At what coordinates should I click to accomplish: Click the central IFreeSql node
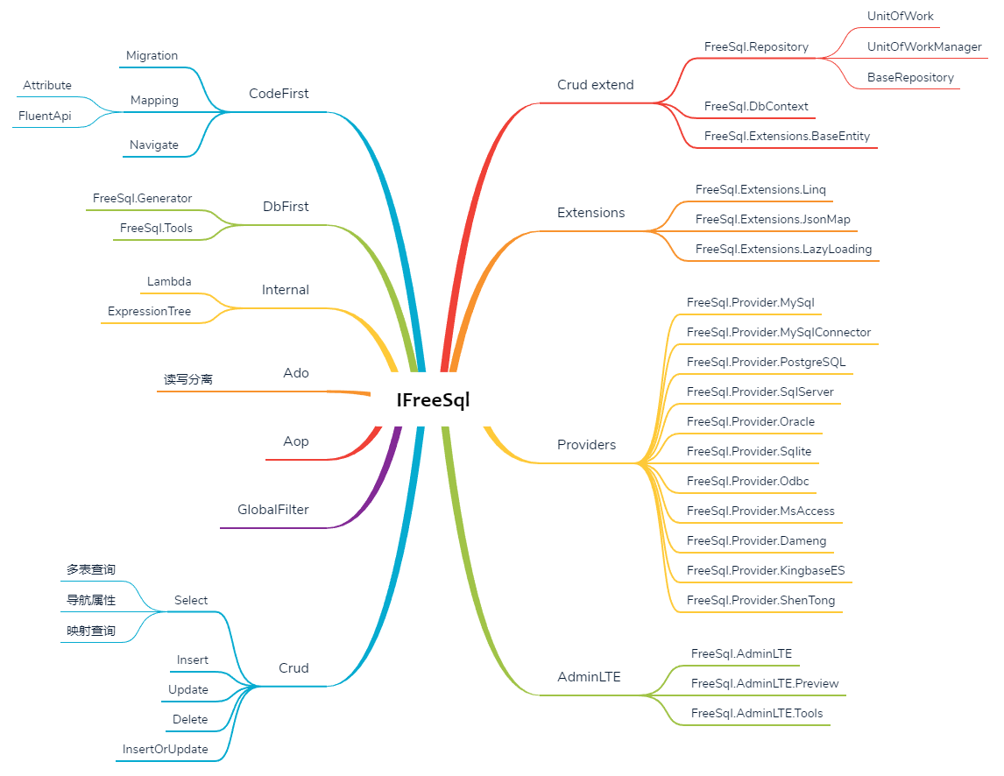click(433, 400)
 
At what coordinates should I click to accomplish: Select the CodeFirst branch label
click(279, 94)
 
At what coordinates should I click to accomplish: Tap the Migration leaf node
click(152, 56)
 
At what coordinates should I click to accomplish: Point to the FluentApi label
click(45, 116)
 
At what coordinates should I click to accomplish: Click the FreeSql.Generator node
click(142, 199)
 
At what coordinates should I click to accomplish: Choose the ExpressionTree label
click(149, 312)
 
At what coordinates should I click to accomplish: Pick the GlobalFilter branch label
click(273, 510)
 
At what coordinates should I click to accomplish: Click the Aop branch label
click(296, 441)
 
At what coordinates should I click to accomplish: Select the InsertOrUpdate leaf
click(166, 750)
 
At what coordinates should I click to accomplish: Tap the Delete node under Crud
click(190, 720)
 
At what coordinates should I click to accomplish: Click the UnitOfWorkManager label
click(924, 47)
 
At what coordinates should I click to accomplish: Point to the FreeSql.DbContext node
click(756, 107)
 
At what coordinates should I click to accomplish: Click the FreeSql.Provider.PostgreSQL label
click(766, 362)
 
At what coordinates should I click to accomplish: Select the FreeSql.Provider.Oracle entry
click(751, 421)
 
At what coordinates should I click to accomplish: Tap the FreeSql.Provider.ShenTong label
click(760, 601)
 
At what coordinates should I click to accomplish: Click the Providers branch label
click(586, 445)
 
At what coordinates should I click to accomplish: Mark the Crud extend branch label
click(595, 85)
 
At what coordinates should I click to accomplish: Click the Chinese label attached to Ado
click(188, 380)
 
